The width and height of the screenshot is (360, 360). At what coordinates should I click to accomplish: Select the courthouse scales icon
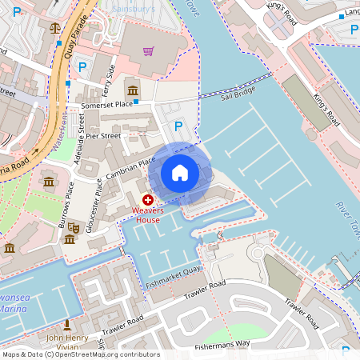(x=54, y=26)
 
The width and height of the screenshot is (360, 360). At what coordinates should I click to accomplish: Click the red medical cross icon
(x=148, y=198)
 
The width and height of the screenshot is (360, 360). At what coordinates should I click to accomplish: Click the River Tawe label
(x=344, y=220)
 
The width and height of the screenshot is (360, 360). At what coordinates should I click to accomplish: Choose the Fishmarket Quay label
(x=172, y=282)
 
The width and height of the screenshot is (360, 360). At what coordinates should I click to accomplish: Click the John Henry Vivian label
(x=67, y=342)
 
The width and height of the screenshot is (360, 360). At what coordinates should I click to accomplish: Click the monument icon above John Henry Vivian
(x=67, y=325)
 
